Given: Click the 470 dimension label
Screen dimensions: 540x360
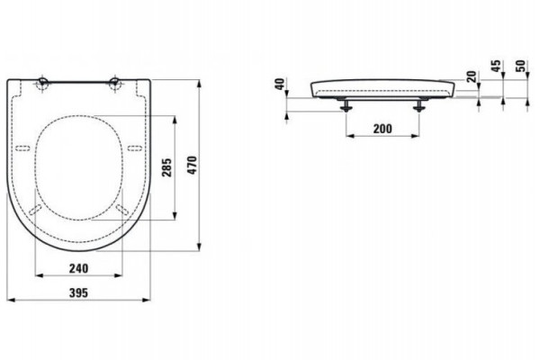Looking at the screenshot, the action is pos(193,165).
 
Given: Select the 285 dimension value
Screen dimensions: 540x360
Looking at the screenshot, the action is pos(167,167).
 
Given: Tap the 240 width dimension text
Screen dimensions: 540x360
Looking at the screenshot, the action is pos(78,268).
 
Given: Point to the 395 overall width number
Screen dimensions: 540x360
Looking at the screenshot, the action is pos(79,292).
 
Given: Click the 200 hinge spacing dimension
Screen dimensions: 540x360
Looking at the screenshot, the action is pos(382,129).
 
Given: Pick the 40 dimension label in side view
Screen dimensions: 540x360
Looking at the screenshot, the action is pos(280,84).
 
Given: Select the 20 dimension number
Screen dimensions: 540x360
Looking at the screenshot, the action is pos(472,76).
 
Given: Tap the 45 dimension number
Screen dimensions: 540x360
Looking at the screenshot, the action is pos(496,66).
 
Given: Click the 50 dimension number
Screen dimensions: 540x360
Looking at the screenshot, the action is pos(521,66).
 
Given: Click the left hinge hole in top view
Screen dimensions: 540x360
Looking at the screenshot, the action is pos(43,84).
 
